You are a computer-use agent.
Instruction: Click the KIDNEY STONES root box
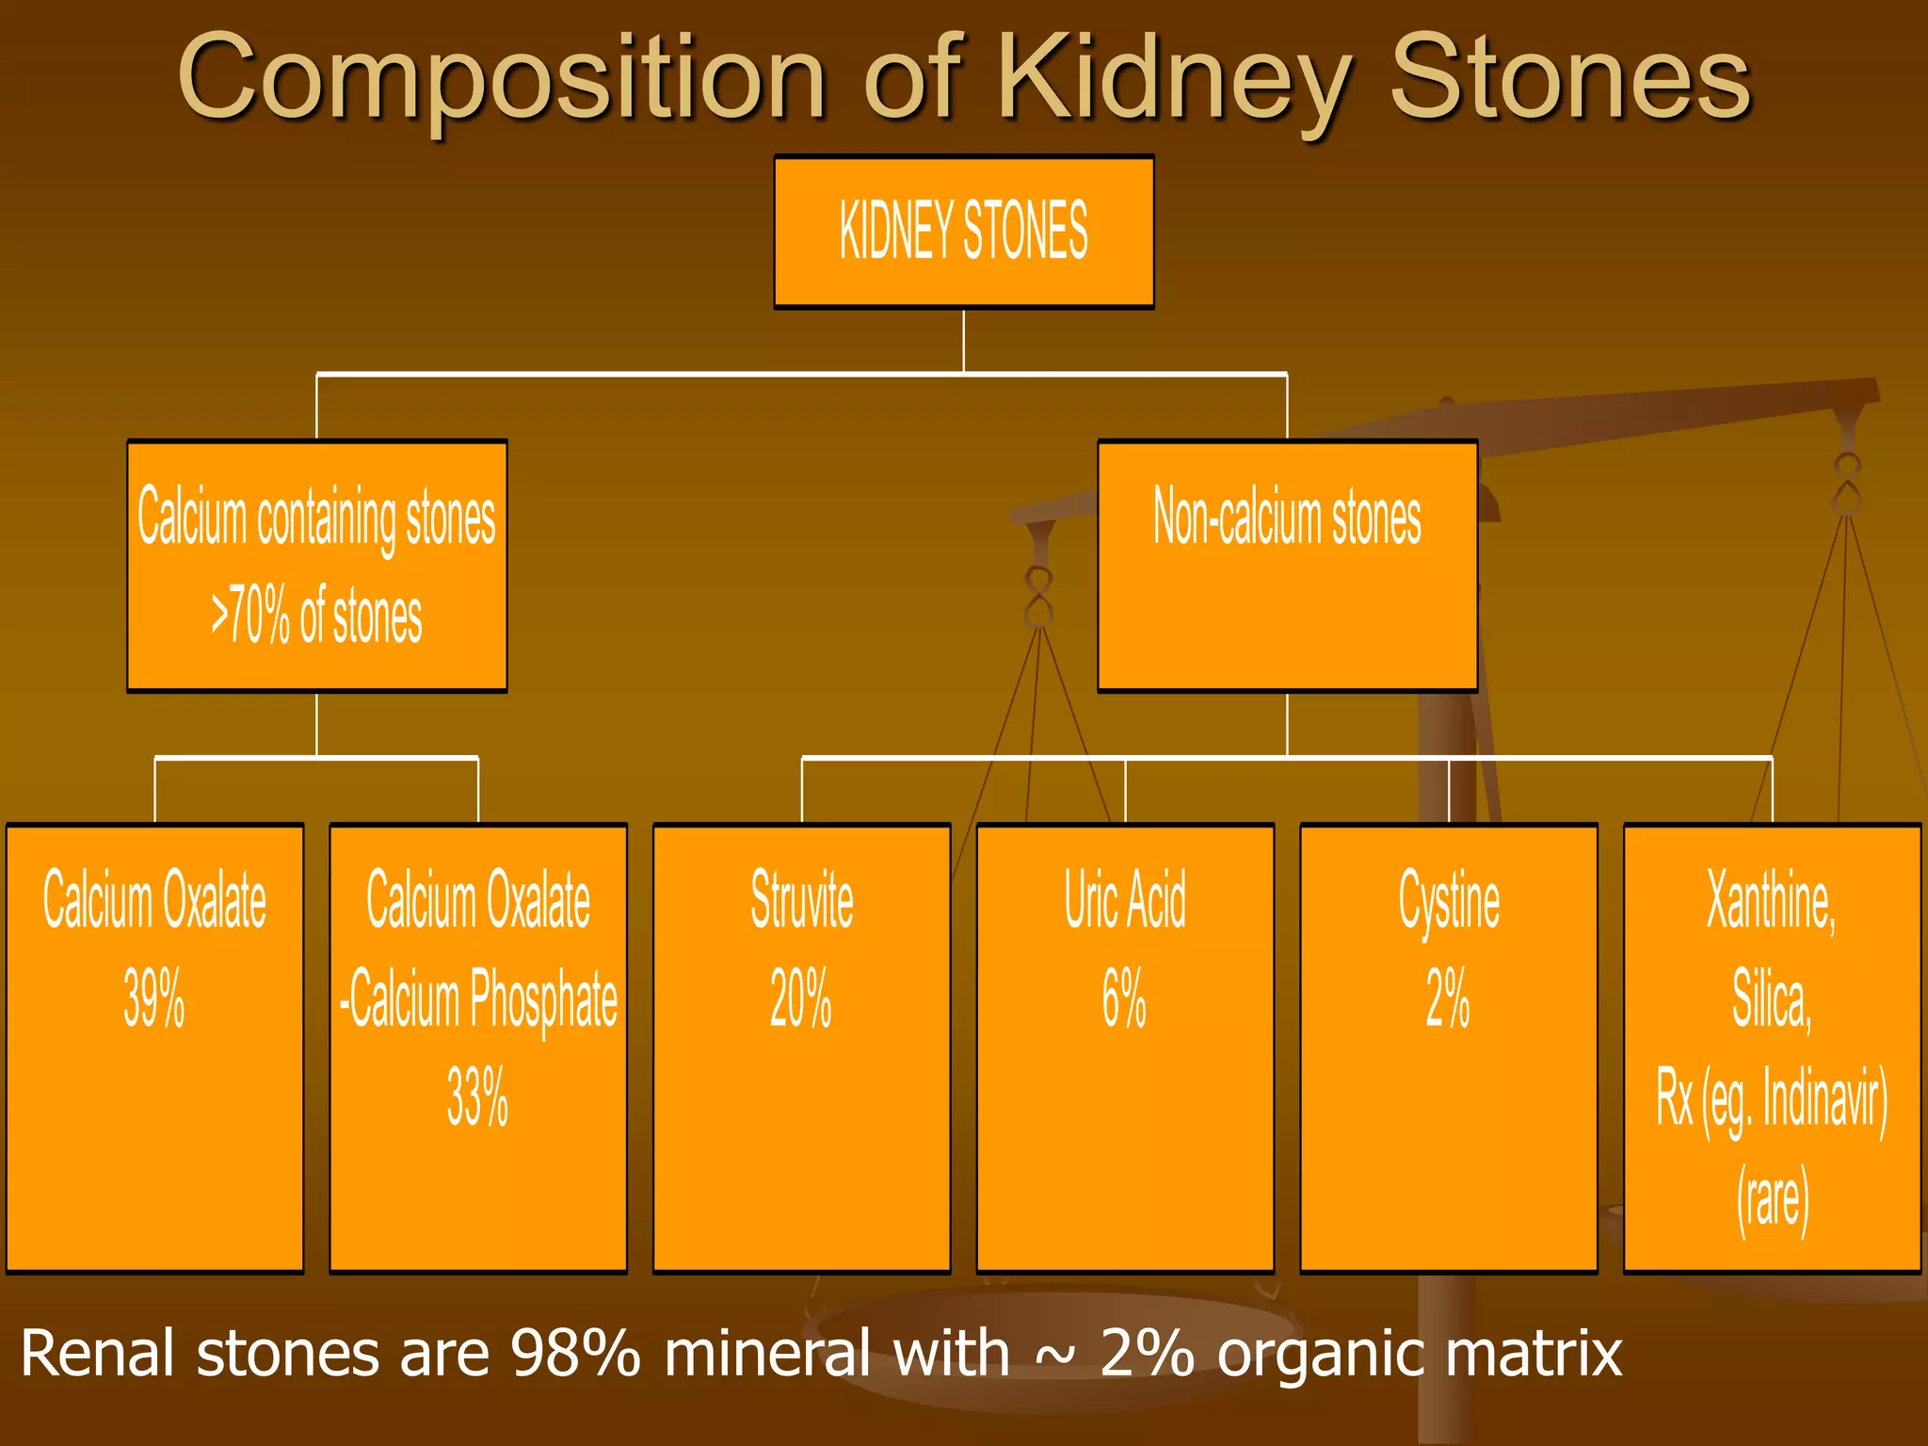click(963, 232)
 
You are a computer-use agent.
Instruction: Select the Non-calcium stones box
click(1287, 565)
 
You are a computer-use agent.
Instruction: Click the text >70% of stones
click(316, 617)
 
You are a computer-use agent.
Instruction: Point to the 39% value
click(154, 998)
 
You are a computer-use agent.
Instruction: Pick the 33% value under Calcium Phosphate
click(477, 1097)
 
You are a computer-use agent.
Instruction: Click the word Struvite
click(801, 900)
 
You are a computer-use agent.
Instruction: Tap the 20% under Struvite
click(801, 998)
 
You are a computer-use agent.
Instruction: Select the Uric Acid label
click(1125, 900)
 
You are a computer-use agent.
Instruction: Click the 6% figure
click(1124, 998)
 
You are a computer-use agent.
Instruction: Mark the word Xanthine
click(1771, 900)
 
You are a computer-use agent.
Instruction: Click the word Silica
click(1771, 1000)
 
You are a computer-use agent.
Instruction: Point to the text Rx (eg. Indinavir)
click(1772, 1099)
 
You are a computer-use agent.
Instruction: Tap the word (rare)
click(1772, 1198)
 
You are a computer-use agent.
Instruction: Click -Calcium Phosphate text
click(478, 1000)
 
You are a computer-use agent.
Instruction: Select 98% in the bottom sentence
click(575, 1354)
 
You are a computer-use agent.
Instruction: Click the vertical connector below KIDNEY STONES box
click(963, 341)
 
